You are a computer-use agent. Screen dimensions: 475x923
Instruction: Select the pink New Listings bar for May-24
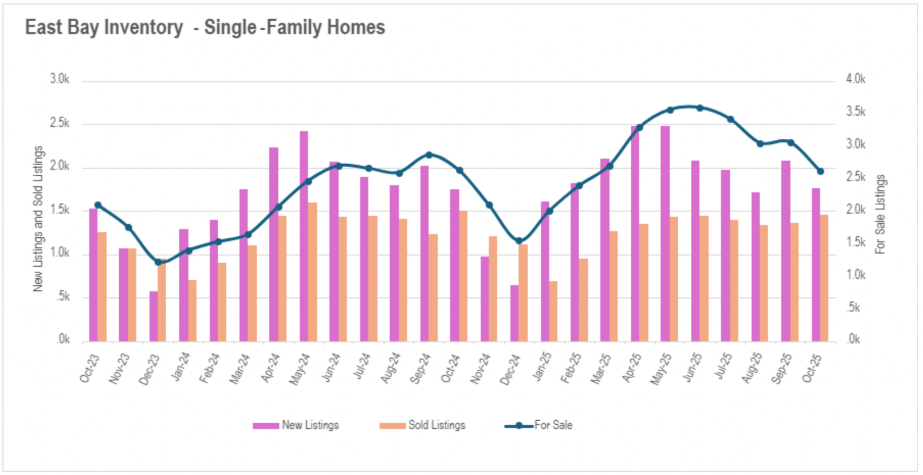click(304, 235)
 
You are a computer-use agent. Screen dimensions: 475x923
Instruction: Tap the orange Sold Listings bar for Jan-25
click(553, 311)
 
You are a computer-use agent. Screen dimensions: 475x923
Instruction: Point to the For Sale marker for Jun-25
click(700, 108)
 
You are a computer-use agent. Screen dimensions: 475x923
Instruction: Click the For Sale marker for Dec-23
click(158, 262)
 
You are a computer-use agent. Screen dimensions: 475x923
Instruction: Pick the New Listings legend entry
click(296, 426)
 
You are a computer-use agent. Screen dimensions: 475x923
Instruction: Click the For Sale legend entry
click(539, 426)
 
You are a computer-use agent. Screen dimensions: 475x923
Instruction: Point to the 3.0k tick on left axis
click(60, 79)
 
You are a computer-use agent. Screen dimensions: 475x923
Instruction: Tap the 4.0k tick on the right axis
click(856, 79)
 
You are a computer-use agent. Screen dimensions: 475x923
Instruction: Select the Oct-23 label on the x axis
click(90, 369)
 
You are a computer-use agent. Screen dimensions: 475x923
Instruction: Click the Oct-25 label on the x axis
click(812, 369)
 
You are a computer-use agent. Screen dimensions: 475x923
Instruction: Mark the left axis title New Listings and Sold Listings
click(38, 219)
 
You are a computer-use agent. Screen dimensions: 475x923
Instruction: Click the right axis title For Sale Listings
click(880, 214)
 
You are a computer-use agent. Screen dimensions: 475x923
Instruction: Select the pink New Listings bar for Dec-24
click(514, 313)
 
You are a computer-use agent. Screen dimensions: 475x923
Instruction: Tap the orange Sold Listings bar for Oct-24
click(463, 276)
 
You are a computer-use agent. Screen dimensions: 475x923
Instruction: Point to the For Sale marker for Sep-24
click(429, 155)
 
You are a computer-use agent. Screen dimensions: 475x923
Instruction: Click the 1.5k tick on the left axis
click(60, 210)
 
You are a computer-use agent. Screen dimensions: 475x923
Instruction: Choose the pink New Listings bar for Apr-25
click(635, 234)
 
